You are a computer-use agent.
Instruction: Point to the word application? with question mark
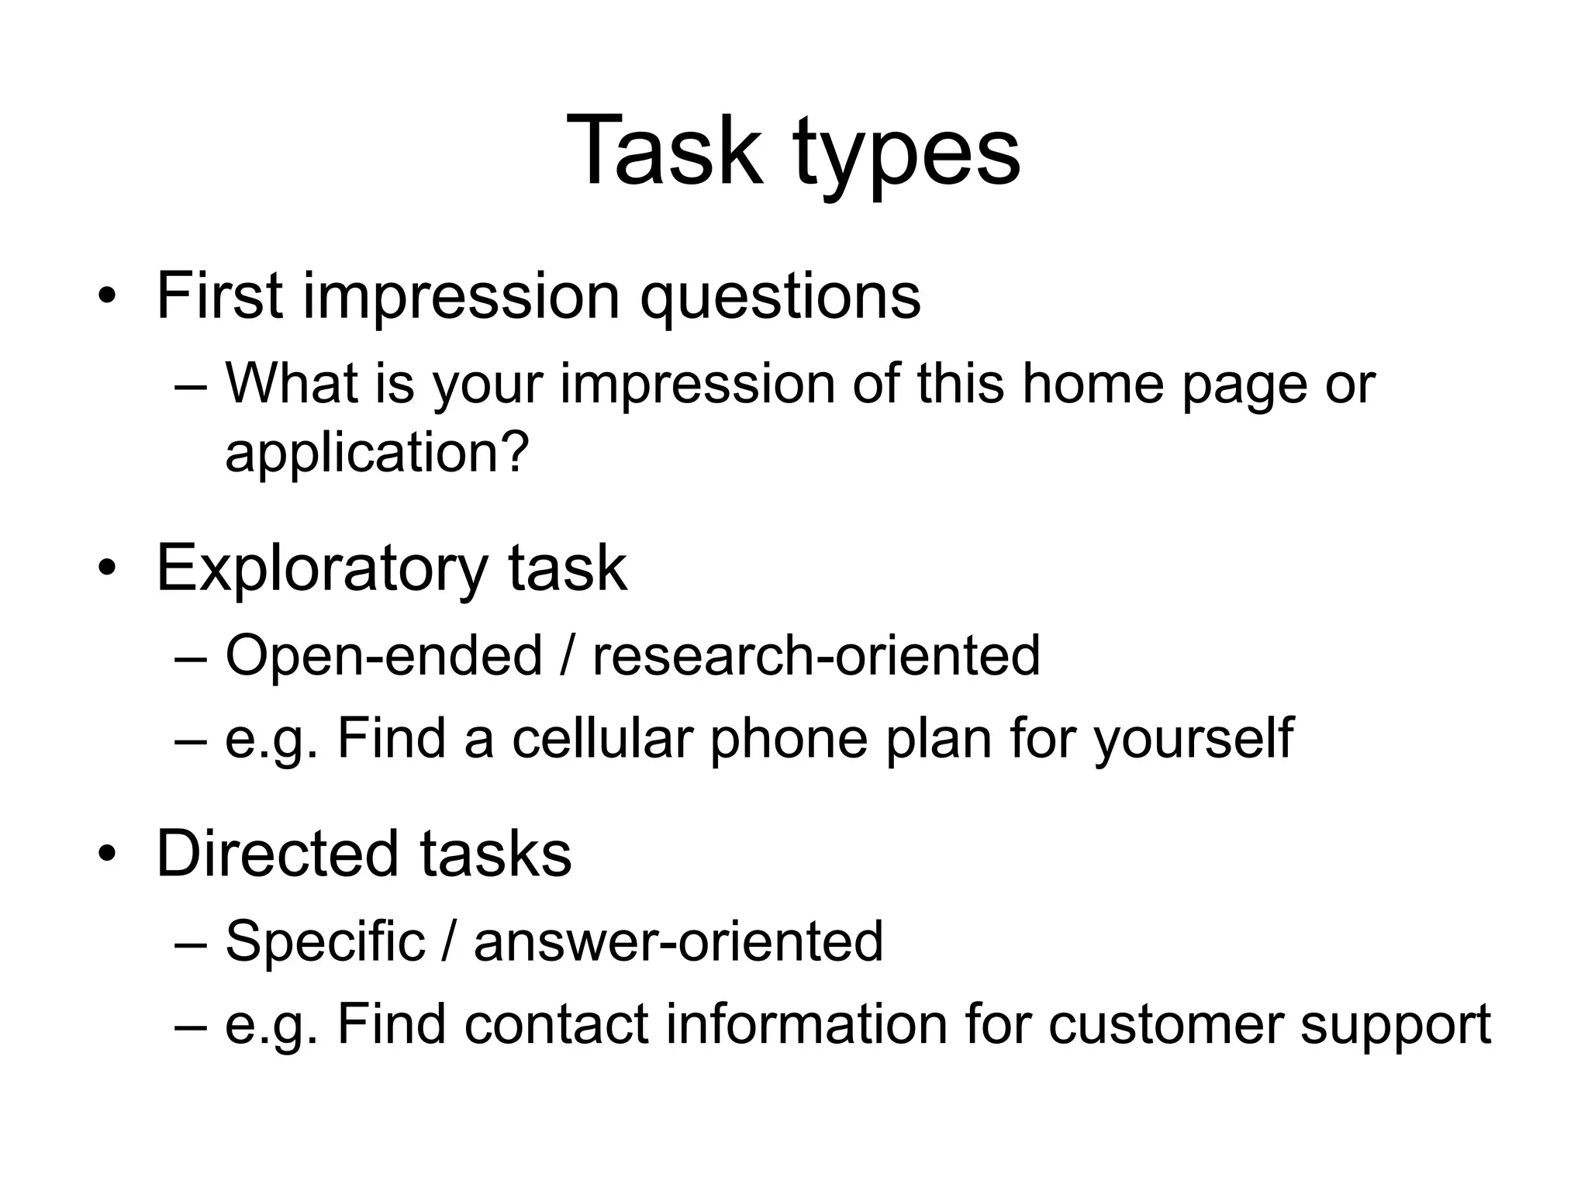click(377, 452)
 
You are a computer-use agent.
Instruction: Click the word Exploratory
click(322, 569)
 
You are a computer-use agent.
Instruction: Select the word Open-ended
click(383, 655)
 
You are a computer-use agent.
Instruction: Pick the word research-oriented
click(816, 655)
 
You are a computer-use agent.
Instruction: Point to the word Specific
click(325, 941)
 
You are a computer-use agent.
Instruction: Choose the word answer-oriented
click(678, 941)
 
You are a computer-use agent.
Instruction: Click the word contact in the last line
click(556, 1024)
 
